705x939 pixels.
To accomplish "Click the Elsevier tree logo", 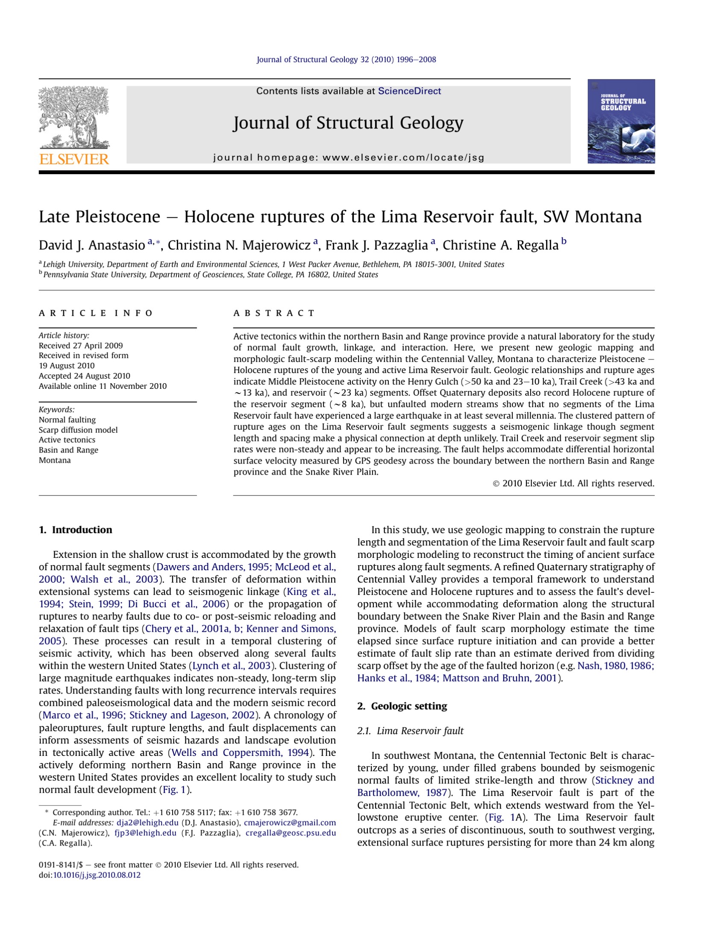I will pos(74,117).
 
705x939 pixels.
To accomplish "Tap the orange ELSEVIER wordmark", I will pos(74,159).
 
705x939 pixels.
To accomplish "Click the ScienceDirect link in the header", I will pos(409,91).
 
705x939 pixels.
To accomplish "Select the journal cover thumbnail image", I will pos(621,121).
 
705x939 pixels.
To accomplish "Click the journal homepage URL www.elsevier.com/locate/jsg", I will pos(403,157).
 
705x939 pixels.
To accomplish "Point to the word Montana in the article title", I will pos(608,217).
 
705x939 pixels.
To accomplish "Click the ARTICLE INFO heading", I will pos(96,313).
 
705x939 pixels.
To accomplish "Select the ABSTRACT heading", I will pos(274,313).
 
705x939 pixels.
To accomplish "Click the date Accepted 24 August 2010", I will pos(85,376).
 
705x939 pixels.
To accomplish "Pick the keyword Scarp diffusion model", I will pos(78,430).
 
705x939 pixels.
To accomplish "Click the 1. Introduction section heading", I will pos(76,530).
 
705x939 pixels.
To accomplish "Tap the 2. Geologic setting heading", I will pos(402,706).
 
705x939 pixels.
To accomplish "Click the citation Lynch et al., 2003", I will pos(232,666).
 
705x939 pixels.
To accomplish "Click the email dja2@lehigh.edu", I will pos(147,822).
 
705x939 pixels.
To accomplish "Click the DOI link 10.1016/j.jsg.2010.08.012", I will pos(97,875).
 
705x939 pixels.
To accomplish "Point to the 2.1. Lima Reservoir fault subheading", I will pos(410,731).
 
